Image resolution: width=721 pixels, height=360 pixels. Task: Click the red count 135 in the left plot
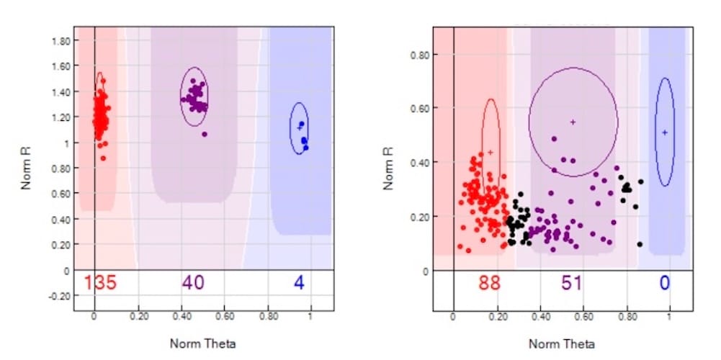100,283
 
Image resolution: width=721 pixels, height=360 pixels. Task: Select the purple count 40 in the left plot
193,283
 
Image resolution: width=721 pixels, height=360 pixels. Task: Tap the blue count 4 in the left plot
299,283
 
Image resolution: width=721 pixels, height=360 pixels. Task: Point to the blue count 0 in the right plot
664,283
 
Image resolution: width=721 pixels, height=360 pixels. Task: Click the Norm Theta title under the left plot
202,343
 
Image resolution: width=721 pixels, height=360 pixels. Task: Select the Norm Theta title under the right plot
562,343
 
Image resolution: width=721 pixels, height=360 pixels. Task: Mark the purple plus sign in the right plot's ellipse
573,122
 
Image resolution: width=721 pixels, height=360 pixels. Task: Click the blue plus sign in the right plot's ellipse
665,132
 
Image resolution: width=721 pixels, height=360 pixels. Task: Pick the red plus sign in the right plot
491,152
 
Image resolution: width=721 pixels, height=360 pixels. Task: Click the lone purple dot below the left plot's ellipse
205,134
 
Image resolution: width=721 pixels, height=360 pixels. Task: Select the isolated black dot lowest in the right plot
640,244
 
